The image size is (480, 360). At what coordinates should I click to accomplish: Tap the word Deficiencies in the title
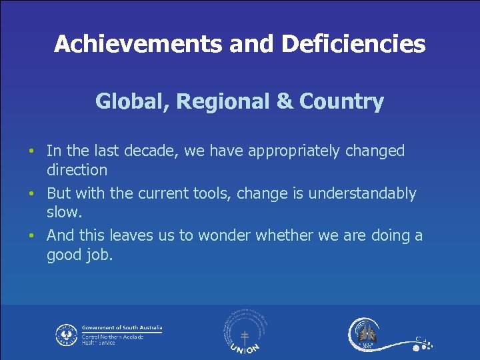click(353, 44)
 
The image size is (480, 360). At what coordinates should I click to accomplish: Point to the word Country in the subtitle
click(341, 101)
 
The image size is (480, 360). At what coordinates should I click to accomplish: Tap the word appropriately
click(293, 151)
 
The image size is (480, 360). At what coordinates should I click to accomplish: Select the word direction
click(77, 170)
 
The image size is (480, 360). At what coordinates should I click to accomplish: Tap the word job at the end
click(100, 255)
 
